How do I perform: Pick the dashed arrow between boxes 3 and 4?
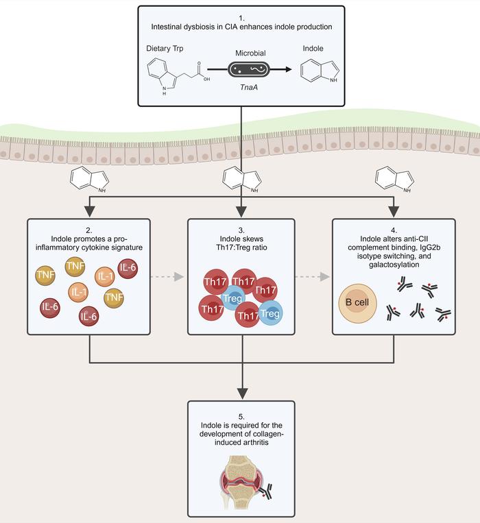(x=313, y=276)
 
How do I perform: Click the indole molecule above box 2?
(x=88, y=181)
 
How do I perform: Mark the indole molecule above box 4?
(x=393, y=181)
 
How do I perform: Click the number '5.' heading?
(x=240, y=414)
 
